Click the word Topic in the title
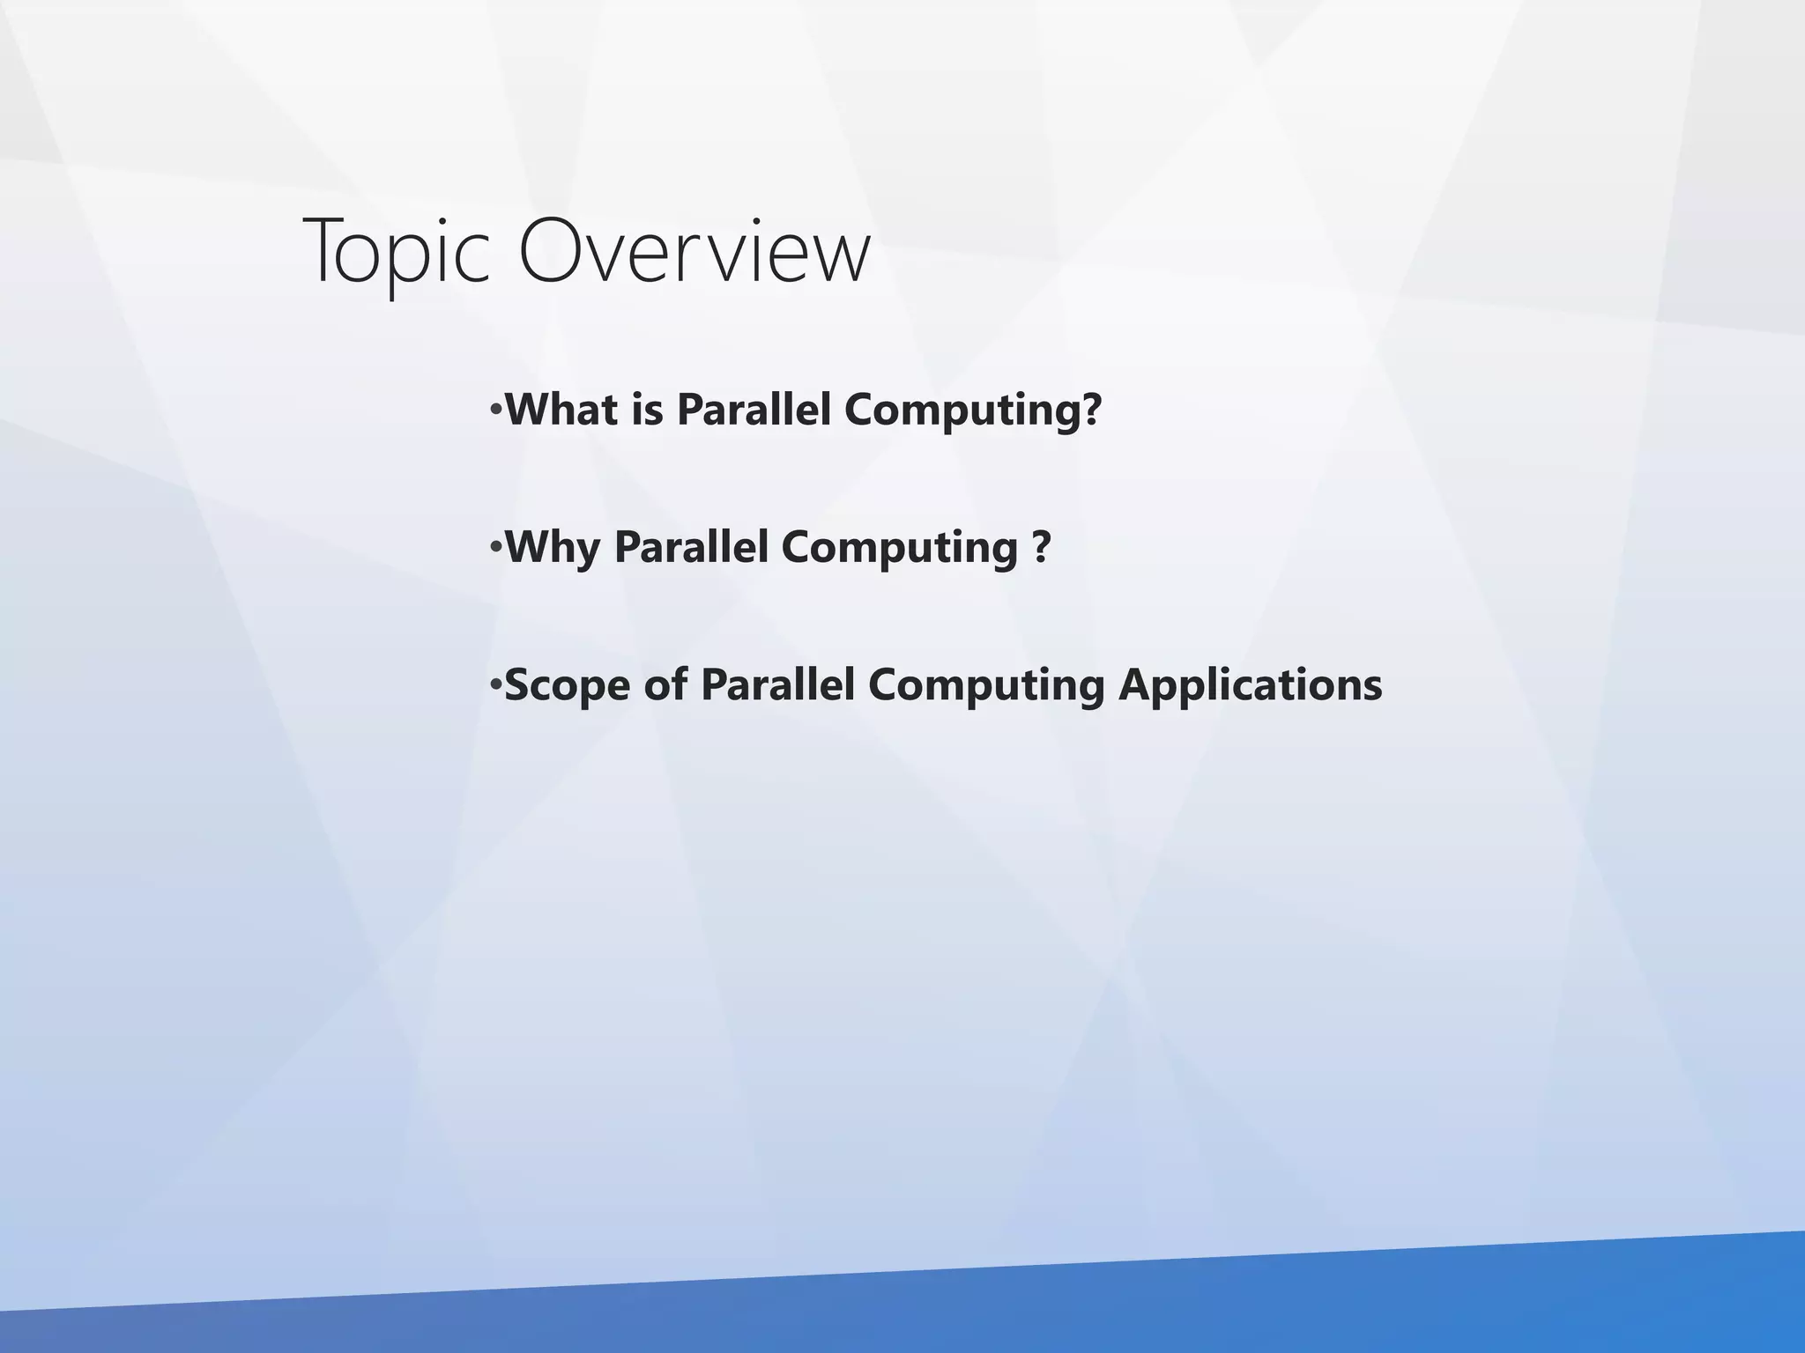click(397, 252)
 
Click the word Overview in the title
click(695, 252)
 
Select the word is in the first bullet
click(647, 410)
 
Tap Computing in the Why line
click(900, 549)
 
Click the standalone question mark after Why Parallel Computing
click(1041, 547)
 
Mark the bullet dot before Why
click(496, 549)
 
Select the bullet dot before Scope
click(496, 686)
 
